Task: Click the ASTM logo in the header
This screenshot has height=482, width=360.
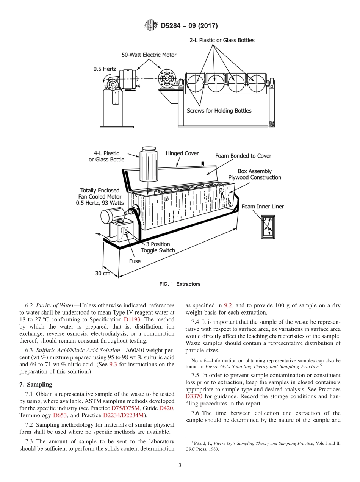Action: point(151,26)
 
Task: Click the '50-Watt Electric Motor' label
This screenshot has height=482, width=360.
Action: point(149,55)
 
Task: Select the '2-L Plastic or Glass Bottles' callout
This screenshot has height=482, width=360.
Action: point(222,40)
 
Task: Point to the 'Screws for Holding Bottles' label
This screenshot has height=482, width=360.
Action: point(219,111)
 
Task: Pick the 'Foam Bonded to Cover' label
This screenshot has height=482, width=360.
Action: point(243,156)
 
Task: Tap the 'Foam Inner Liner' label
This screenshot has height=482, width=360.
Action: point(263,207)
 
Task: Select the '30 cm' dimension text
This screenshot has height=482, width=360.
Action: point(103,273)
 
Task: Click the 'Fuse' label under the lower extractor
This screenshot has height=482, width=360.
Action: point(135,261)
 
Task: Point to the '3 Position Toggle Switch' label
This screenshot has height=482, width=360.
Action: point(158,247)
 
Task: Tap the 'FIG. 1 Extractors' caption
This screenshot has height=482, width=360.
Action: point(180,284)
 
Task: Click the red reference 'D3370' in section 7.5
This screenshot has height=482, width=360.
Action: point(194,396)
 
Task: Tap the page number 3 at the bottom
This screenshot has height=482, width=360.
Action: point(180,465)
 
